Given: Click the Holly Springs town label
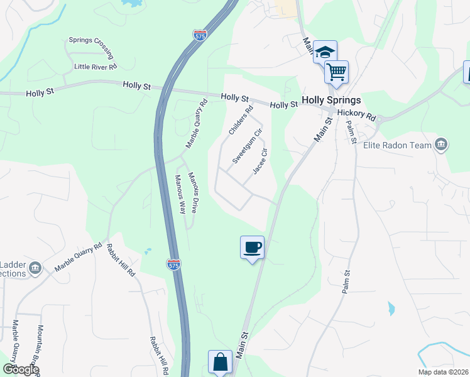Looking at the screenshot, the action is point(331,100).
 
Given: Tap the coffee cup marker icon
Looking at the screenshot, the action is point(252,247).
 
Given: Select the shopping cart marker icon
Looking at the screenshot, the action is point(336,72).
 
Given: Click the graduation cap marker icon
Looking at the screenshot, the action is point(325,52).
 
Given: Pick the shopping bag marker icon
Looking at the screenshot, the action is point(220,363).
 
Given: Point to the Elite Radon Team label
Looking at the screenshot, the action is point(398,145).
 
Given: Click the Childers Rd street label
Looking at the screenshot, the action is point(241,120).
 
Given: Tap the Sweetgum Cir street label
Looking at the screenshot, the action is point(246,146).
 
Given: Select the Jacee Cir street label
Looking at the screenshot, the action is point(260,161).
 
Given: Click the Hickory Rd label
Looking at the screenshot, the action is point(356,116).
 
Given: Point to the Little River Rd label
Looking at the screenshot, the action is point(96,66).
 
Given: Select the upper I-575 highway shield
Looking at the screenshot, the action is point(200,35).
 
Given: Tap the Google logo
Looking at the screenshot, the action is point(20,369).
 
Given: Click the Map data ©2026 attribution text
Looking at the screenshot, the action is point(444,372).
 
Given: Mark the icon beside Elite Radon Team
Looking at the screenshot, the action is point(441,145).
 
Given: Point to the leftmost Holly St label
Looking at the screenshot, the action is point(41,93).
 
